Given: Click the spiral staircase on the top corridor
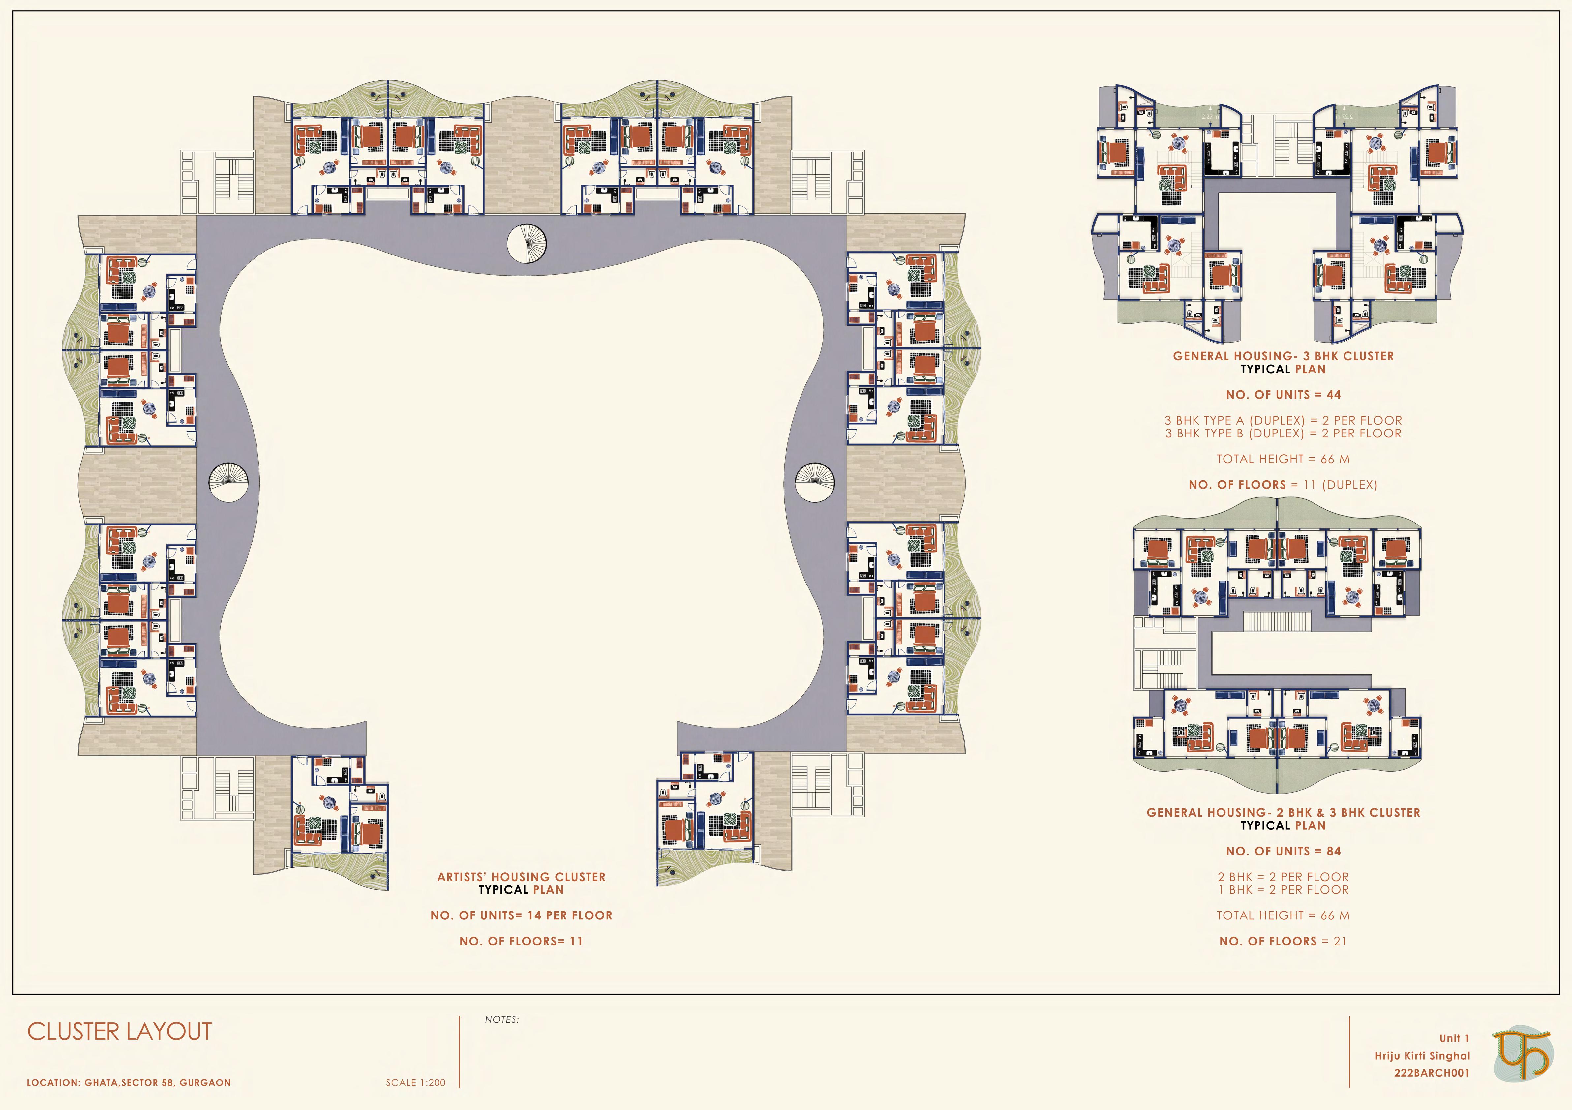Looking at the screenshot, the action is pyautogui.click(x=527, y=242).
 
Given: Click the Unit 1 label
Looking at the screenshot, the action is pyautogui.click(x=1454, y=1038).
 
